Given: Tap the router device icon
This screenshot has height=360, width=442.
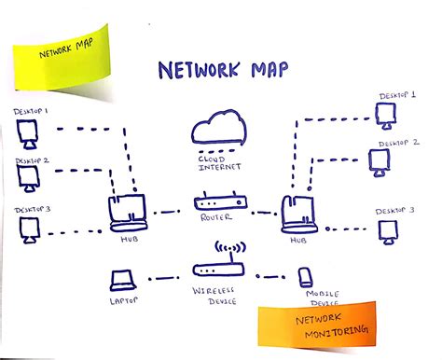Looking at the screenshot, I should pos(221,202).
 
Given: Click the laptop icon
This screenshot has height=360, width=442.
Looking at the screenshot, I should pos(122,280).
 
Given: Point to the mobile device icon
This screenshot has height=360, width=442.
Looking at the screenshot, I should pos(305,277).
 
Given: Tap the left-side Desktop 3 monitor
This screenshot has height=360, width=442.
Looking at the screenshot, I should pos(26,228).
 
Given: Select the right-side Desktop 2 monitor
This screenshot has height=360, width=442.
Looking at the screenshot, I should pos(379,162).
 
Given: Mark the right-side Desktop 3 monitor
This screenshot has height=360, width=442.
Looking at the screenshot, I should pos(387,228).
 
